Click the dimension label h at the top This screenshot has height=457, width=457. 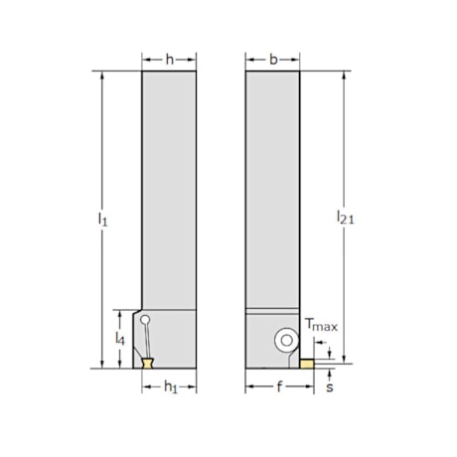pyautogui.click(x=169, y=60)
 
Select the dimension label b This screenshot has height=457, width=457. pyautogui.click(x=273, y=60)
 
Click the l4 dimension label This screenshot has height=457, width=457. pyautogui.click(x=121, y=339)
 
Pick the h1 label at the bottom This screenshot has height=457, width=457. pyautogui.click(x=170, y=386)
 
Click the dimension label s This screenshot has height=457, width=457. pyautogui.click(x=330, y=387)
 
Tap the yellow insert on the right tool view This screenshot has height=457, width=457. pyautogui.click(x=310, y=364)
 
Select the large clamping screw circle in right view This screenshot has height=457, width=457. pyautogui.click(x=286, y=340)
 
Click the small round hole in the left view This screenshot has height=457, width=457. pyautogui.click(x=145, y=321)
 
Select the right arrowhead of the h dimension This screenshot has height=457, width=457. pyautogui.click(x=194, y=60)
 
